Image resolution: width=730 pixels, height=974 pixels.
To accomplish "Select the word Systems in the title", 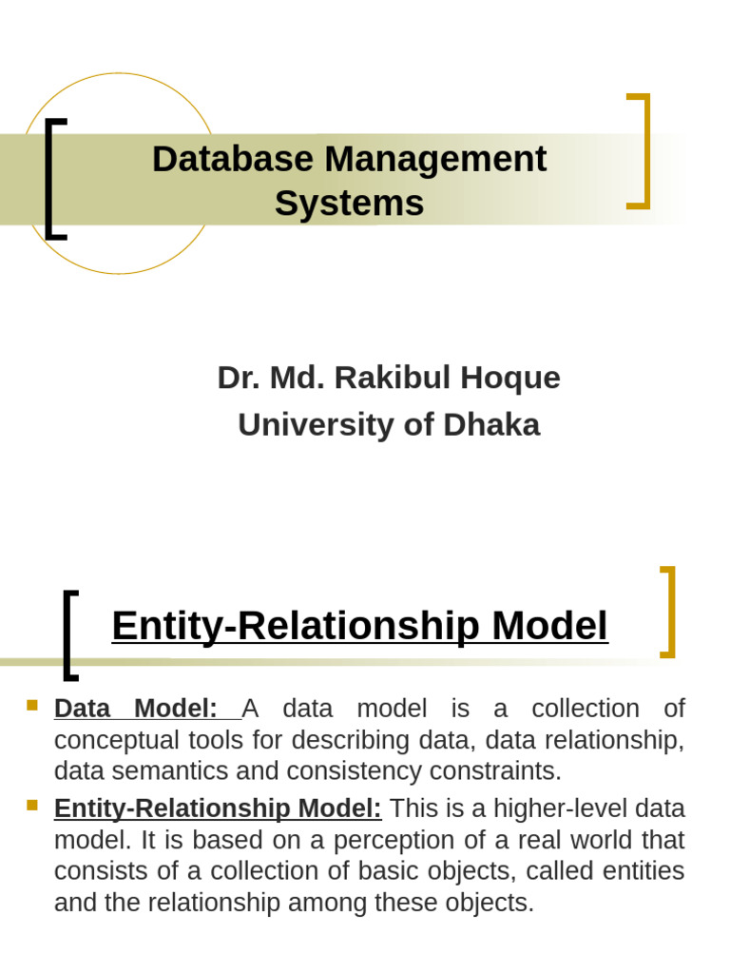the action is (349, 204).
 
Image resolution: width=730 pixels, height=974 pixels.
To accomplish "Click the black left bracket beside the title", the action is (53, 179).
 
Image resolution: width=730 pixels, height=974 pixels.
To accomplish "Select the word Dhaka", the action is (491, 424).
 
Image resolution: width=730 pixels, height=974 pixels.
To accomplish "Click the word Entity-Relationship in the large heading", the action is (296, 626).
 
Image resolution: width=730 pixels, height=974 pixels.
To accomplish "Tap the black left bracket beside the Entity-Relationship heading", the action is (69, 635).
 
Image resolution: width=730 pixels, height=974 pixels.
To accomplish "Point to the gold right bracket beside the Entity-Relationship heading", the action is (667, 612).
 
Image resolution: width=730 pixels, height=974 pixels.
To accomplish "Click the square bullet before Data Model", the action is (32, 706).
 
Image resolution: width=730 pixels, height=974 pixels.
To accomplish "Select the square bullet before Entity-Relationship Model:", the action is (32, 805).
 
